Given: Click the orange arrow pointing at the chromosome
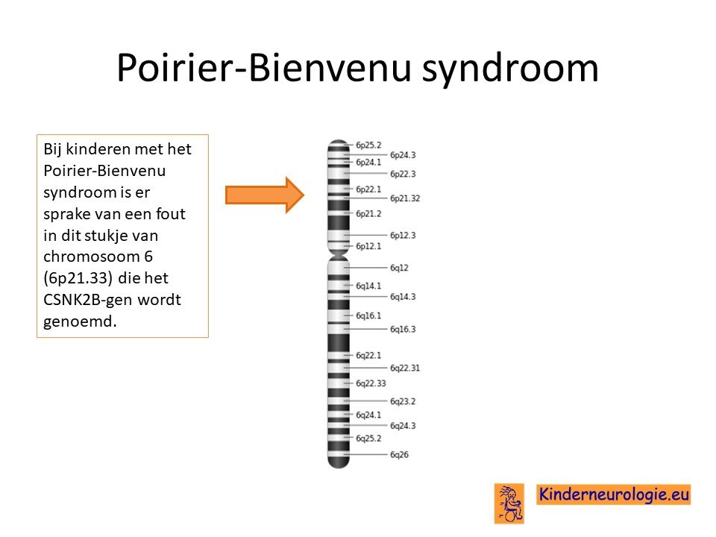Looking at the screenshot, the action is pos(265,195).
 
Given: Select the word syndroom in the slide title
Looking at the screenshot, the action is pos(510,69).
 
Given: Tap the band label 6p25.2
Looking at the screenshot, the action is pos(368,145).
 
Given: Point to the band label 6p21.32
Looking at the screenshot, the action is pos(405,198).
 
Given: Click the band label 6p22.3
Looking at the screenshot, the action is pos(403,174).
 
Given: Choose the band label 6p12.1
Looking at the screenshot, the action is pos(368,246).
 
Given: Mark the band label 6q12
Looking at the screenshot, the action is pos(399,268).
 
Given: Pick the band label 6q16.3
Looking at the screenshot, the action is pos(403,329).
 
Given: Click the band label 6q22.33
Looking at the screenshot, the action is pos(371,383).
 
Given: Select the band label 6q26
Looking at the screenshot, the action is pos(399,455).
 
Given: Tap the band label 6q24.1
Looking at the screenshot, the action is pos(368,415).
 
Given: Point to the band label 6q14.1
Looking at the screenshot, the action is pos(368,286).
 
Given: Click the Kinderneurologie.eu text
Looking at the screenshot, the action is pos(614,494).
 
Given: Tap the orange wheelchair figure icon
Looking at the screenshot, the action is pos(509,503).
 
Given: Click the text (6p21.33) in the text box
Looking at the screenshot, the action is pos(78,278).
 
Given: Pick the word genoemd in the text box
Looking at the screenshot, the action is pos(80,321).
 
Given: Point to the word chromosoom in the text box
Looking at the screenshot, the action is pos(91,257).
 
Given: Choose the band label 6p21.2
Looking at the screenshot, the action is pos(368,214).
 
